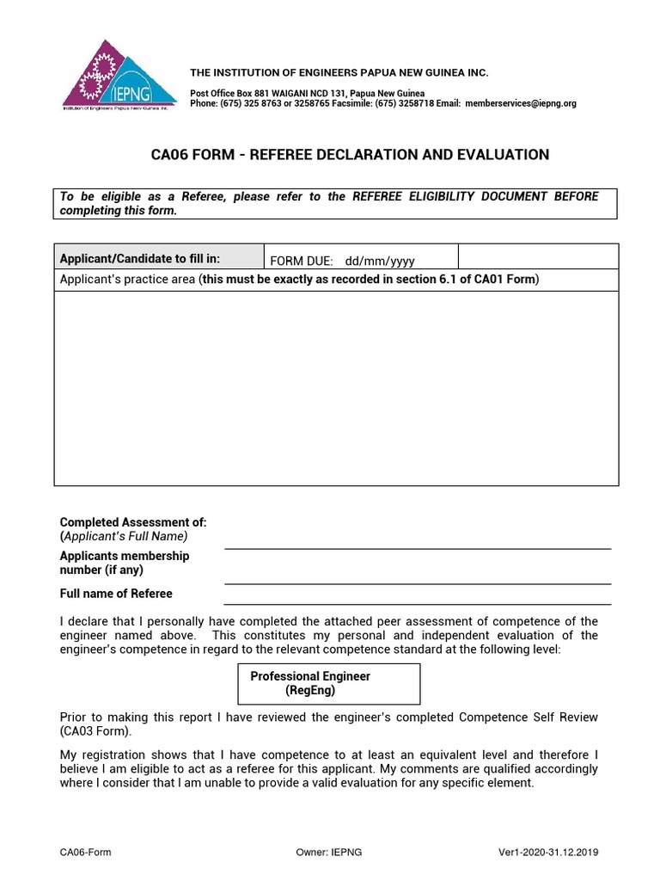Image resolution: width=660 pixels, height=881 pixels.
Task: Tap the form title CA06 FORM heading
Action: pyautogui.click(x=350, y=155)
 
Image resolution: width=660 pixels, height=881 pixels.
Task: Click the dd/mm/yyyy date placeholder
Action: pyautogui.click(x=380, y=261)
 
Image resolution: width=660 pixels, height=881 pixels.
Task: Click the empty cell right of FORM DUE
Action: pyautogui.click(x=537, y=256)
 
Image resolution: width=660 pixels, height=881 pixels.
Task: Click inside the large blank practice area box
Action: pyautogui.click(x=336, y=387)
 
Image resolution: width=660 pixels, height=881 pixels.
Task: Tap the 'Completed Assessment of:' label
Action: pyautogui.click(x=133, y=522)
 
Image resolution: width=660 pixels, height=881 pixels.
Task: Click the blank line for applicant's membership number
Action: pyautogui.click(x=418, y=569)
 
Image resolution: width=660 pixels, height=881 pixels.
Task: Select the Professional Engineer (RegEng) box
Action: pyautogui.click(x=328, y=683)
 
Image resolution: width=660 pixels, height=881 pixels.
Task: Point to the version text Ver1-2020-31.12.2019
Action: pyautogui.click(x=548, y=853)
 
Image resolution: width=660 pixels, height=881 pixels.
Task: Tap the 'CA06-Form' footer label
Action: pyautogui.click(x=85, y=853)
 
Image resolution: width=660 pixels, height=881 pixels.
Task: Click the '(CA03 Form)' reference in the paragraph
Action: pyautogui.click(x=95, y=731)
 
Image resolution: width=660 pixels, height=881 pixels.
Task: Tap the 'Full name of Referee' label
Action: pyautogui.click(x=116, y=594)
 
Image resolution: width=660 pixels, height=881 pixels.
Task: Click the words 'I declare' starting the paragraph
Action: pyautogui.click(x=82, y=621)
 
